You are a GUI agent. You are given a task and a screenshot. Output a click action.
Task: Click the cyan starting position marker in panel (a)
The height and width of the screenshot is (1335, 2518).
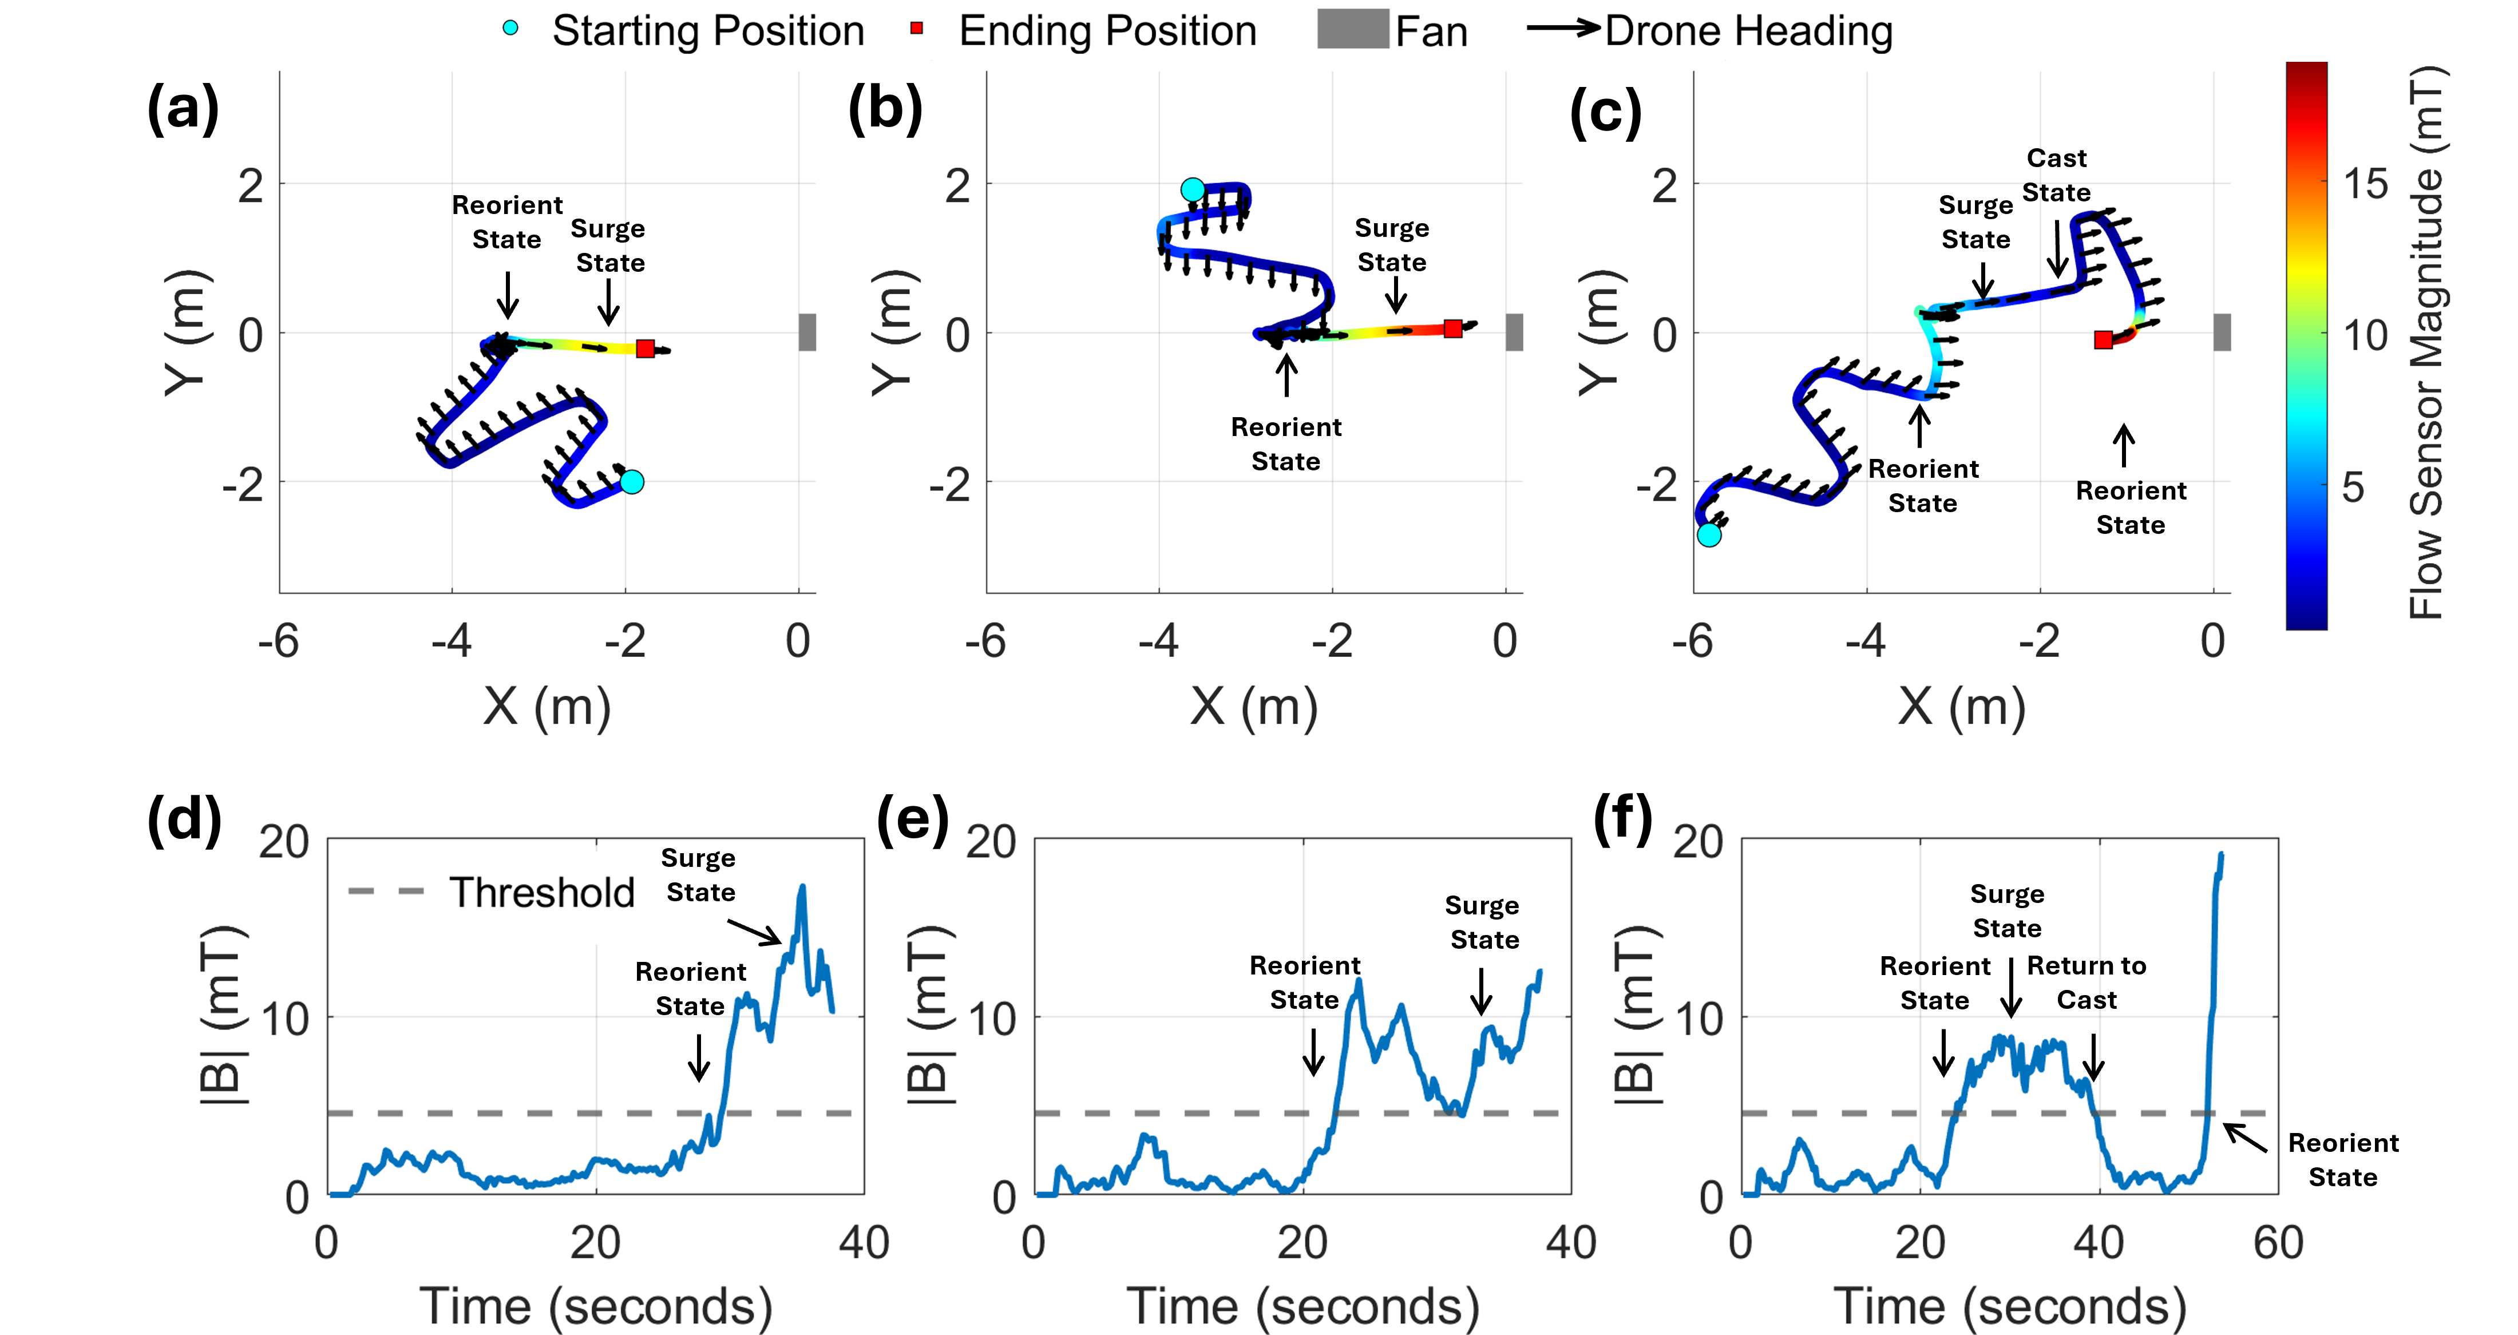[631, 482]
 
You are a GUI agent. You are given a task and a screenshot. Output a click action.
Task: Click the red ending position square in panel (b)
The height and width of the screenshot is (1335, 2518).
[1452, 328]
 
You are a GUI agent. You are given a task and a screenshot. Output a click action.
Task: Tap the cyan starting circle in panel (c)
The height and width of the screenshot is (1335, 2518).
[1709, 534]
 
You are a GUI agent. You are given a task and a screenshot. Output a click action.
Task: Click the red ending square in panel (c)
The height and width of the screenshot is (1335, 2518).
[2103, 340]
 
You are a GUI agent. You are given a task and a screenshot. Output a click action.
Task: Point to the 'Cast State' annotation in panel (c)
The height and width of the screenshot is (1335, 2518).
[2056, 175]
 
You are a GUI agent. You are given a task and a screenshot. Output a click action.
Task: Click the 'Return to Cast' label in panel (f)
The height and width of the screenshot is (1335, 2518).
[2086, 982]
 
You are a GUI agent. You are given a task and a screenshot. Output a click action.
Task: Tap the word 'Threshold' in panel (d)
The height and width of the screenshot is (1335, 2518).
[541, 892]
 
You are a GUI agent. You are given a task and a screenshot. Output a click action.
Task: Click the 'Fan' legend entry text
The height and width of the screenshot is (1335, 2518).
[1431, 31]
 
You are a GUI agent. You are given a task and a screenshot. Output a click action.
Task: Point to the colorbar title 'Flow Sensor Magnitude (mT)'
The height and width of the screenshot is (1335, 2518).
[2425, 342]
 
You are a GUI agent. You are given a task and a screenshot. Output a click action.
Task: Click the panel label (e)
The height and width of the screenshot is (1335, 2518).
[912, 819]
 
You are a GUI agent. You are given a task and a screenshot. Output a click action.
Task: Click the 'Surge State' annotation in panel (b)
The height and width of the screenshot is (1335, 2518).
[1392, 245]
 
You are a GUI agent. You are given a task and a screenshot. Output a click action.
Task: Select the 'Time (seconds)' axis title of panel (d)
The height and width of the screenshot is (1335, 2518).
[595, 1306]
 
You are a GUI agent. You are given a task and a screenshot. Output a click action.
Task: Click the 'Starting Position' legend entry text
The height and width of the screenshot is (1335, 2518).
[708, 31]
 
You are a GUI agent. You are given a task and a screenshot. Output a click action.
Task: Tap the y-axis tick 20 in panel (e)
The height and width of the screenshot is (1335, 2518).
[991, 842]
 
